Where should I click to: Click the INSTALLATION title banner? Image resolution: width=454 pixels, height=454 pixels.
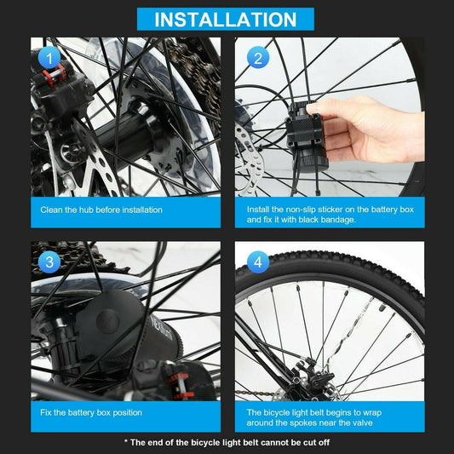click(x=225, y=19)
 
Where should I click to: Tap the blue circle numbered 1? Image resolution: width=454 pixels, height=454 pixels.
click(x=49, y=57)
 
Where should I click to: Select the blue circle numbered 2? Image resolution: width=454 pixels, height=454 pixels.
click(x=258, y=57)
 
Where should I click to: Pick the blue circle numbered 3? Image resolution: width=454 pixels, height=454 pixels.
click(x=49, y=262)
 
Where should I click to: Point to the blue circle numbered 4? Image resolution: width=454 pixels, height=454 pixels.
click(x=258, y=262)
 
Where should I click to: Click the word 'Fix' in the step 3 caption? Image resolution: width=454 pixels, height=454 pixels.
click(x=46, y=412)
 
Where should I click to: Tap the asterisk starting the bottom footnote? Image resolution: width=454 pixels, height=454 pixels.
click(x=126, y=441)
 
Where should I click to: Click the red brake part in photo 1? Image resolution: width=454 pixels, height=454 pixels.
click(x=54, y=74)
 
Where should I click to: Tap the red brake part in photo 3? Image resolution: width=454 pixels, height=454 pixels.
click(x=181, y=386)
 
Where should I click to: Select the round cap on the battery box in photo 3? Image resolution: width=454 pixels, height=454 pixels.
click(x=107, y=321)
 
